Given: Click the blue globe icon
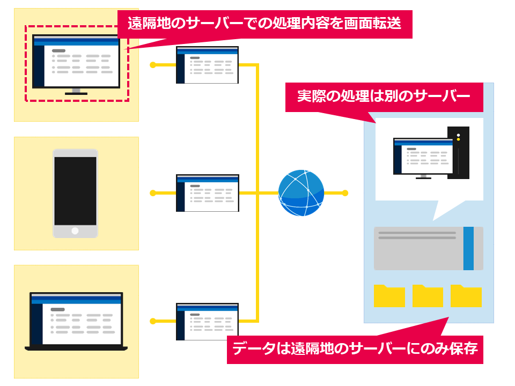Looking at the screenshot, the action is pos(301,193).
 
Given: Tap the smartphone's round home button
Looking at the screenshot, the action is pos(75,231).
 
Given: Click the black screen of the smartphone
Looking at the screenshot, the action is pos(75,191).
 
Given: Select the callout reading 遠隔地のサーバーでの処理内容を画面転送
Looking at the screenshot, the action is pos(264,24).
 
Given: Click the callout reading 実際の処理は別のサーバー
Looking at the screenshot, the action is pos(384,97).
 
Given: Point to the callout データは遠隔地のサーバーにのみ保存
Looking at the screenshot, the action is pos(355,349).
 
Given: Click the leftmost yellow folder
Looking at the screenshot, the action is pos(389,296).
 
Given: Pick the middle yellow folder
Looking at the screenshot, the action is pos(428,296).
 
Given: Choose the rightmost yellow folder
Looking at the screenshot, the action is pos(466,296).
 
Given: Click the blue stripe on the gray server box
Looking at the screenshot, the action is pos(468,248).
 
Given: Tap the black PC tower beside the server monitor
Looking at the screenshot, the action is pos(459,153).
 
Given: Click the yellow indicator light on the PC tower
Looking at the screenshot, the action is pos(458,139).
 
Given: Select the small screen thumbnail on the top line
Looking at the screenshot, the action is pos(207,65).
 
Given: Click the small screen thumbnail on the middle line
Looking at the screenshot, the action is pos(207,193).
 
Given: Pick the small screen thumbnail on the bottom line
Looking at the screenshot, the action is pos(207,321).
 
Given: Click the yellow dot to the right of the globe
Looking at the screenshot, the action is pos(345,193).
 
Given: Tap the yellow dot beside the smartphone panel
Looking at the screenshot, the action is pos(153,193).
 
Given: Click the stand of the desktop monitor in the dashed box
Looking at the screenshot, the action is pos(76,92).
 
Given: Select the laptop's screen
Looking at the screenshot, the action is pos(76,318).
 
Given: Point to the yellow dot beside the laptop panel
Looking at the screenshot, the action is pos(153,321).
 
